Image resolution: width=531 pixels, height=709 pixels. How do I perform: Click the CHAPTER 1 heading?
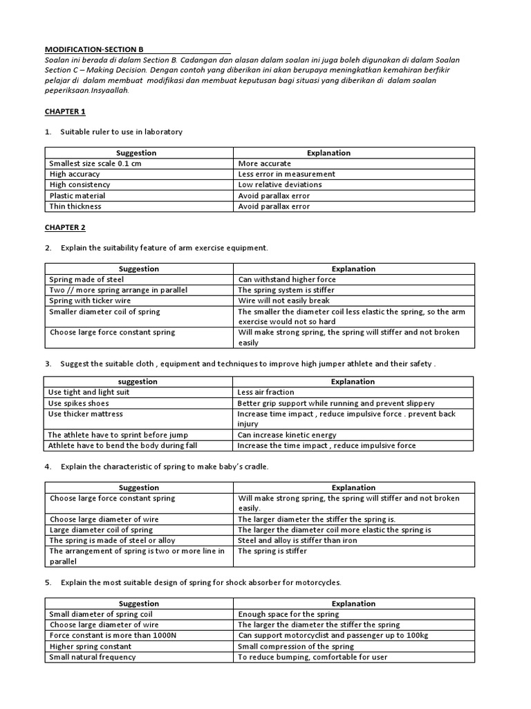(x=65, y=111)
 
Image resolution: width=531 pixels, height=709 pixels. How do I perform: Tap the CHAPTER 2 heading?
(x=65, y=227)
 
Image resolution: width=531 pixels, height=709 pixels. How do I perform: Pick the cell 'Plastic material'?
(x=77, y=196)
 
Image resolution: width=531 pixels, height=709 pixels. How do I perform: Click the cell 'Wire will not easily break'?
(x=283, y=301)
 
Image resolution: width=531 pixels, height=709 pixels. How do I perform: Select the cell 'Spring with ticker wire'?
(x=89, y=301)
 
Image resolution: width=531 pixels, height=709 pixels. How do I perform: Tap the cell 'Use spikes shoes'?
(x=78, y=403)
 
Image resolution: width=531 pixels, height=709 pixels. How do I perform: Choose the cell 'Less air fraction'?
(x=266, y=392)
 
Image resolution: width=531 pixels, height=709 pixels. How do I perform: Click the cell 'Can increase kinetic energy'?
(x=287, y=435)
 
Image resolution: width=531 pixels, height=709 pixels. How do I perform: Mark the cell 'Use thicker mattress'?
(x=85, y=414)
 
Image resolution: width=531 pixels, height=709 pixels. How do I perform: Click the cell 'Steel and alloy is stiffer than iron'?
(x=297, y=540)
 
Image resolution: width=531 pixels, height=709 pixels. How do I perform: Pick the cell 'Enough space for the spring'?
(x=288, y=614)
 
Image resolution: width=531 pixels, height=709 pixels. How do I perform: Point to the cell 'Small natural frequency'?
(x=93, y=657)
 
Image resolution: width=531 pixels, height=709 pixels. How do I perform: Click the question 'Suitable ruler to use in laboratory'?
(x=122, y=132)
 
